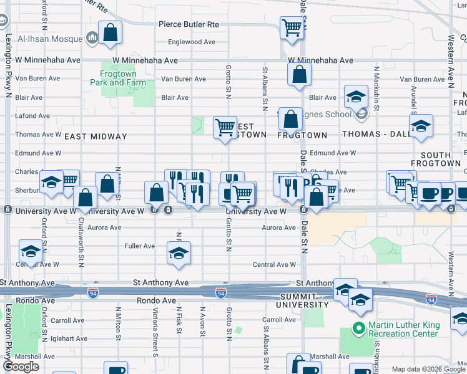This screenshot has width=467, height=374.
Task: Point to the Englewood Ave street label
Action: coord(192,42)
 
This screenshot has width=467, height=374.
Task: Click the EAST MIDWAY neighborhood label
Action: coord(96,136)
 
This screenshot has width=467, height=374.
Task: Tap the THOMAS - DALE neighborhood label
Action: coord(371,134)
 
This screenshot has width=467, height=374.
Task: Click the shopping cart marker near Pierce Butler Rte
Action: coord(292,27)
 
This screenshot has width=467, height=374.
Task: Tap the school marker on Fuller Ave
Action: coord(179,252)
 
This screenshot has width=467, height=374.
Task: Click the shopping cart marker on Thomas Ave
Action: coord(225,127)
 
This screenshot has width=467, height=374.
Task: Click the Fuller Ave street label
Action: coord(140,246)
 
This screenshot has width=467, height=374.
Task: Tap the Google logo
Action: coord(21,367)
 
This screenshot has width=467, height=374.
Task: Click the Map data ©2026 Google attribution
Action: coord(427,370)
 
